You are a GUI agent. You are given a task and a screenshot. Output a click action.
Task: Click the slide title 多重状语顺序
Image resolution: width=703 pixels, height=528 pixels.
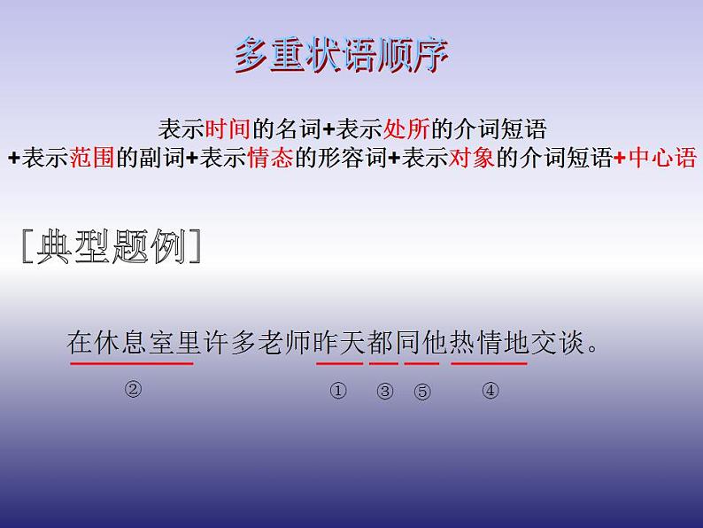click(x=342, y=56)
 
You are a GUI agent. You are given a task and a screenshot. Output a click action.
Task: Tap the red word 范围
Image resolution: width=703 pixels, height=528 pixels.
click(x=92, y=159)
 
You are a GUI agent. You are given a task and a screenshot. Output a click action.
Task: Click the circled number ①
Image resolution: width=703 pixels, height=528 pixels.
click(x=337, y=391)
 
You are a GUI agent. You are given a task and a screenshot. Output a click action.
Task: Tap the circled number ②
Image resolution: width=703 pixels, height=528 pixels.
click(x=133, y=389)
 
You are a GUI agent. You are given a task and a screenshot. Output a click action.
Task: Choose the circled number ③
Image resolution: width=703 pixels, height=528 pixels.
click(x=384, y=392)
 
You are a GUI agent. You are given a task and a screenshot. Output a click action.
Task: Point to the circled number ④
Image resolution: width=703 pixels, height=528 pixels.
click(x=490, y=390)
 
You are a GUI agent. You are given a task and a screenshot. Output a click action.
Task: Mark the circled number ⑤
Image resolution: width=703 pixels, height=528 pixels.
click(x=422, y=392)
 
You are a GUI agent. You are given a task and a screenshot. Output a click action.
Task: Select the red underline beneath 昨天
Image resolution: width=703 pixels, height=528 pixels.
click(x=339, y=362)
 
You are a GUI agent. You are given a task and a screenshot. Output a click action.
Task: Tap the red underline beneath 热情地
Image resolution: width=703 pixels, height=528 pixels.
click(x=489, y=362)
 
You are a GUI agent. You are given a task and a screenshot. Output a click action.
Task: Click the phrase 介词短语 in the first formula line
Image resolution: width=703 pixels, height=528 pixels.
click(x=508, y=129)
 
